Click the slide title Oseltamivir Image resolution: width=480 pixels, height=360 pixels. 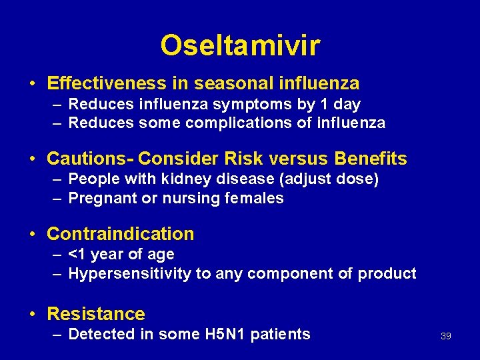240,45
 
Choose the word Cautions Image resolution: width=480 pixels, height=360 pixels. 88,159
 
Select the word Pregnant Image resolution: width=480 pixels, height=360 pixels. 100,198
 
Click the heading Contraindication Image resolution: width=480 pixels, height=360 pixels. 121,234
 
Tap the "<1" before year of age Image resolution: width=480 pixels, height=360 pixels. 77,255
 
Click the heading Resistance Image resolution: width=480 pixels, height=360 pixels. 96,314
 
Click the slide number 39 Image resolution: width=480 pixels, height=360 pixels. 446,336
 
